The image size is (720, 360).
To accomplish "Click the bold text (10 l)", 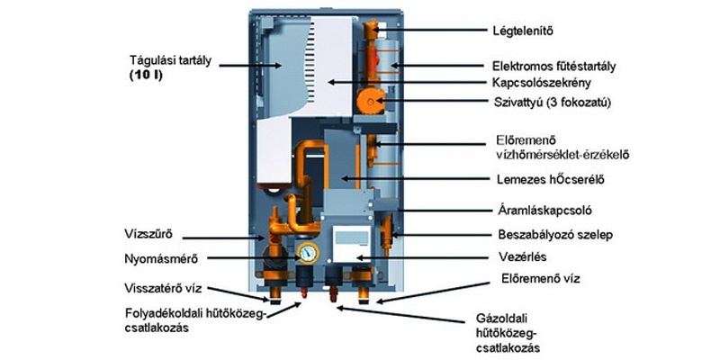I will [148, 75].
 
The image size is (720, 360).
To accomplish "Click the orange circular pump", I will [371, 102].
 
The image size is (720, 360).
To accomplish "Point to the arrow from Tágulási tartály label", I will [247, 66].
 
